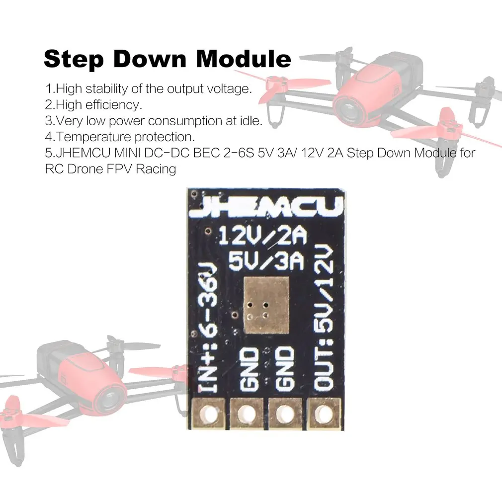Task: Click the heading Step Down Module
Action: [x=167, y=59]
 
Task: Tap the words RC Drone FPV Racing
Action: [x=110, y=169]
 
